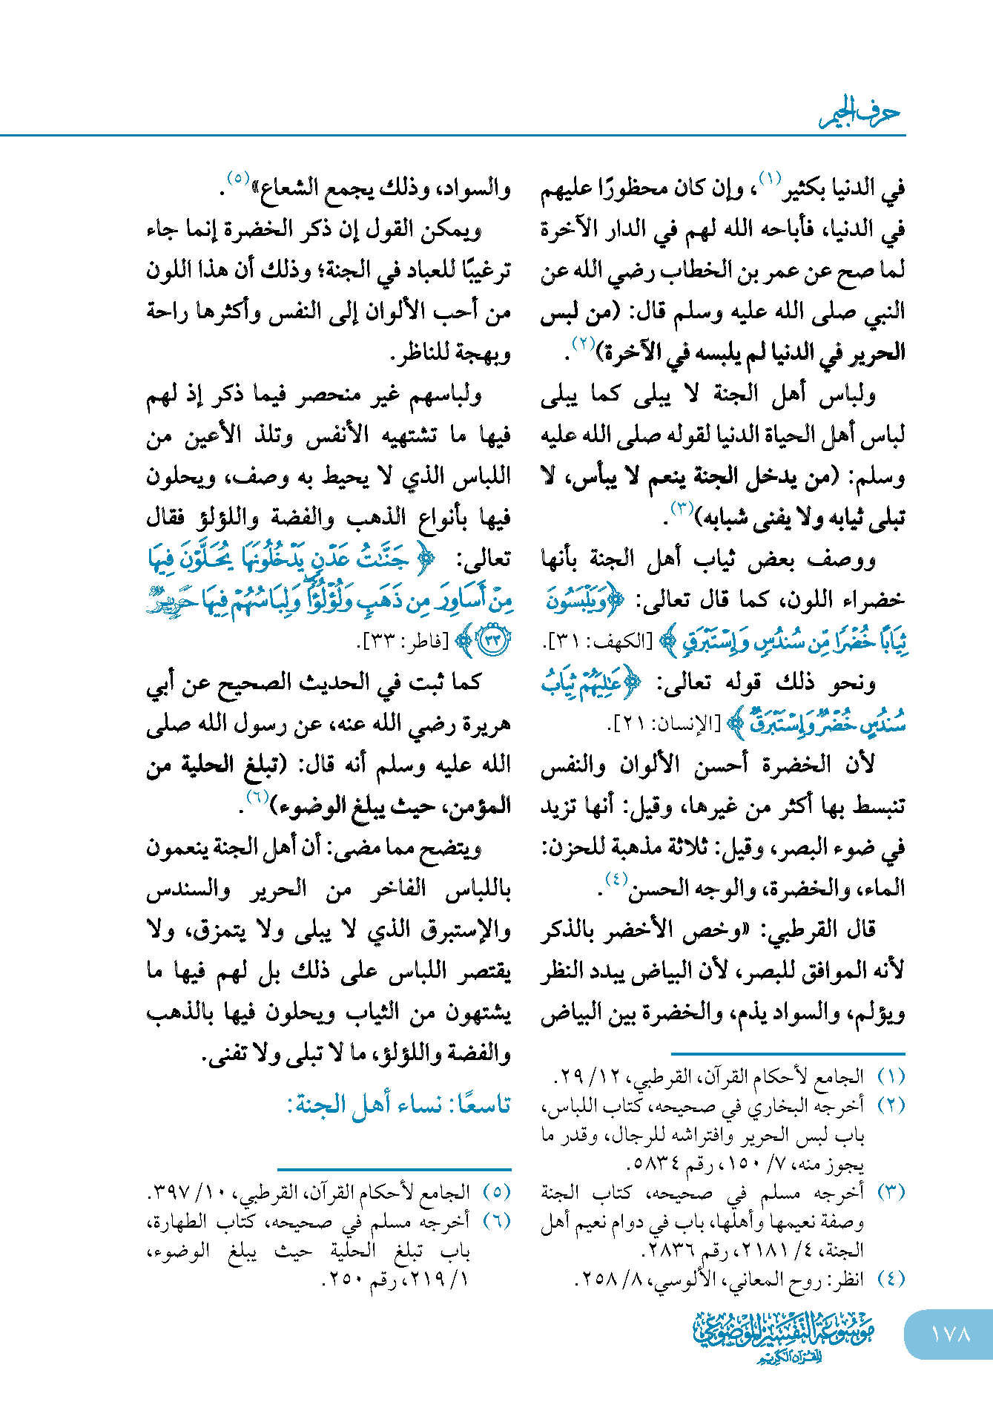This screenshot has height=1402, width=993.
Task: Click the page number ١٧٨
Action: tap(950, 1333)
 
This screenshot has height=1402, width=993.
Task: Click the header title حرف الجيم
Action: tap(860, 113)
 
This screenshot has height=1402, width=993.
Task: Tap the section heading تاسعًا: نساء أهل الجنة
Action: tap(399, 1105)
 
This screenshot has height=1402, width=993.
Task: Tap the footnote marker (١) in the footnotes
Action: tap(891, 1076)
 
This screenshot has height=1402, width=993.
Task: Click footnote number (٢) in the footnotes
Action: tap(891, 1105)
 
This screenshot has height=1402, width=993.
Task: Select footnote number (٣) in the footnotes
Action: tap(891, 1191)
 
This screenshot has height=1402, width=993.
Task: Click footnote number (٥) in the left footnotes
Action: tap(497, 1191)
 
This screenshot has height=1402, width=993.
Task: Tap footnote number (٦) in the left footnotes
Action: tap(497, 1220)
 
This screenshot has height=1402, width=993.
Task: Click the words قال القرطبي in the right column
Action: tap(835, 929)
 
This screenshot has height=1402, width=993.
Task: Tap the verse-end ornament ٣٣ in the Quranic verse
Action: tap(493, 640)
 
